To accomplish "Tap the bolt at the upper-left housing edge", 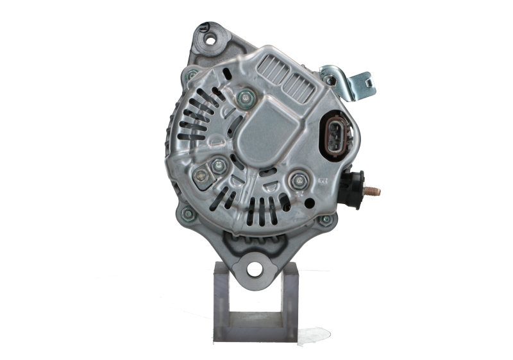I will [190, 75].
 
